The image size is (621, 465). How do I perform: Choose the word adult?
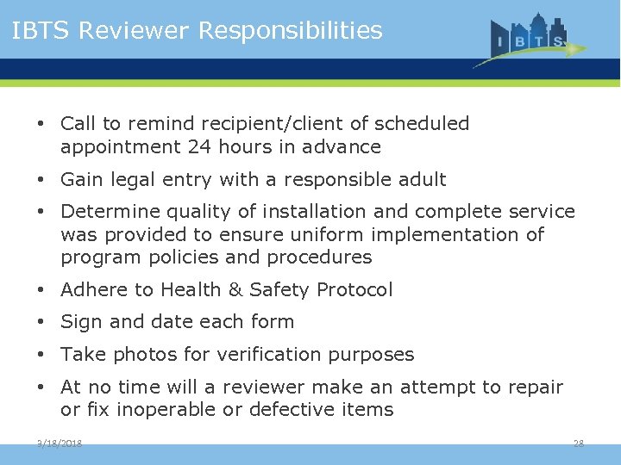tap(421, 180)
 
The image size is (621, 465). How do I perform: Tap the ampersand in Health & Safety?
tap(235, 290)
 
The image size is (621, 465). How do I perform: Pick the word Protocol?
tap(355, 290)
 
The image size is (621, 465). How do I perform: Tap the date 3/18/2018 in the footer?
tap(60, 443)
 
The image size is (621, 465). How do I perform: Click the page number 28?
tap(579, 443)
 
